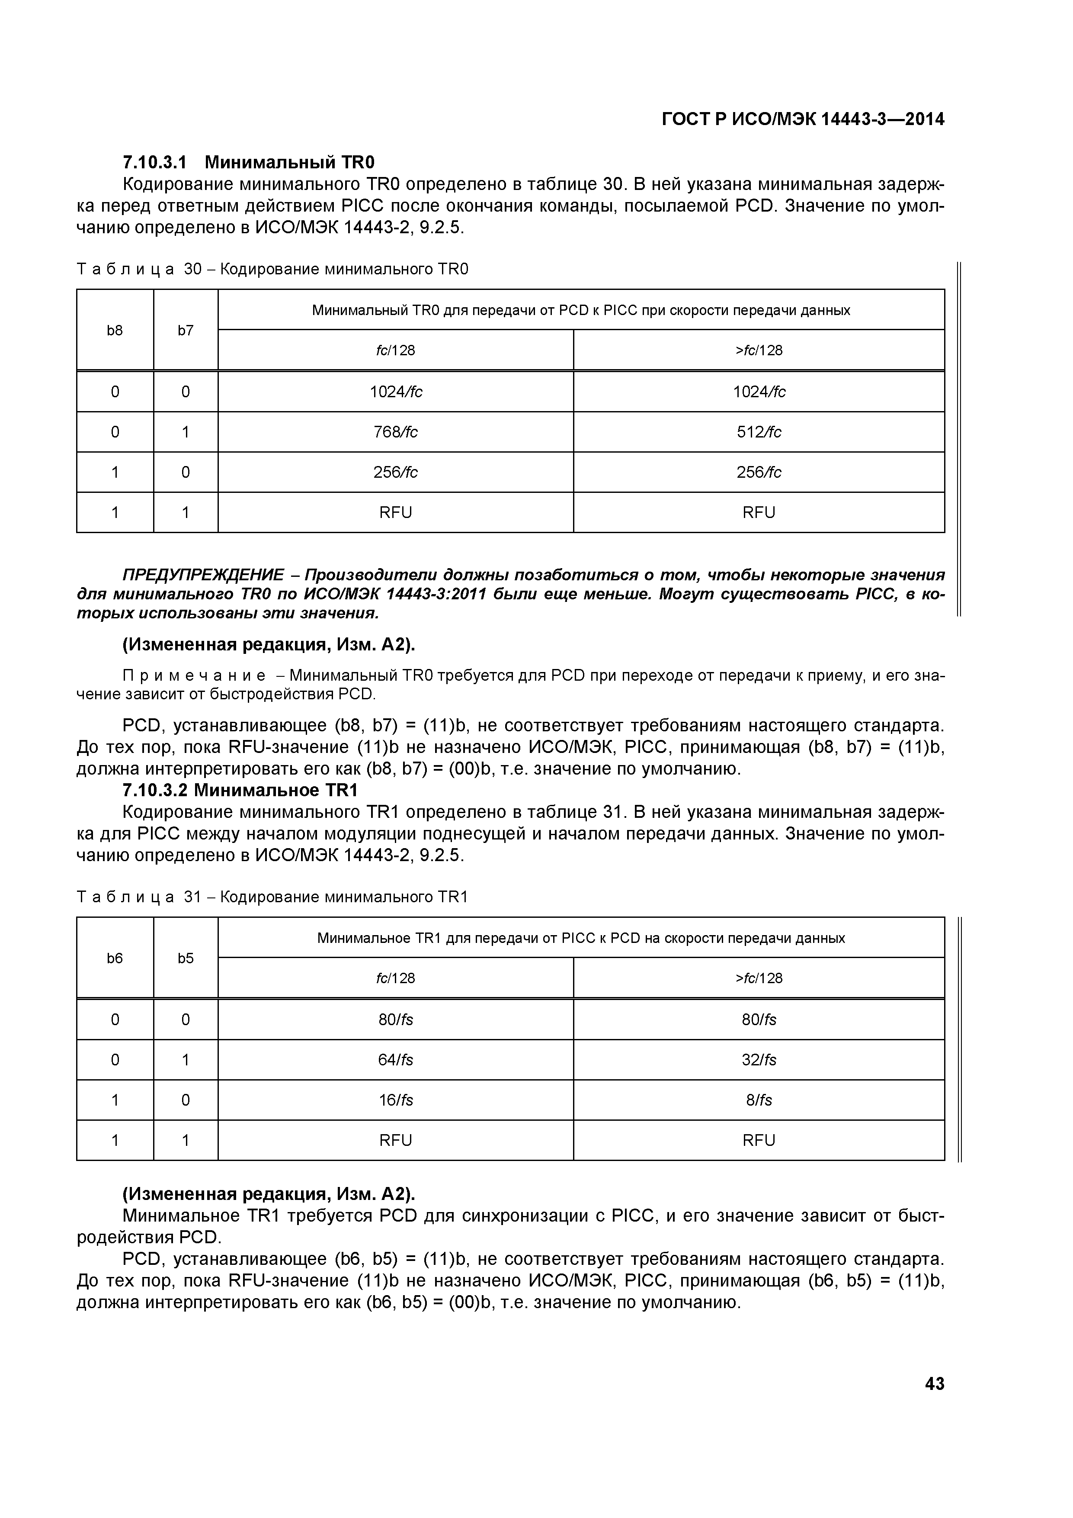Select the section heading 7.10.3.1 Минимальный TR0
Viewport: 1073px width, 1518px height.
click(x=248, y=162)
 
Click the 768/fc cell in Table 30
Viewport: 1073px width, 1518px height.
click(x=395, y=432)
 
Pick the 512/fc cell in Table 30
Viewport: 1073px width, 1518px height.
click(x=759, y=432)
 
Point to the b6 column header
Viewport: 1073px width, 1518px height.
click(x=115, y=958)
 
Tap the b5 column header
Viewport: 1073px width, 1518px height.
click(x=186, y=958)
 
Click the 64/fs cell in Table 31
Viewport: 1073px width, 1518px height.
click(x=395, y=1060)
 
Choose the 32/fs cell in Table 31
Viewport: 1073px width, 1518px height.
click(x=759, y=1060)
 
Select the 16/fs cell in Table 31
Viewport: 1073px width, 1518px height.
click(x=395, y=1100)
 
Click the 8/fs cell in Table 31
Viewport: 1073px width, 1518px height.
click(x=759, y=1100)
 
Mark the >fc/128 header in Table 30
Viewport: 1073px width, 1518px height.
click(x=759, y=351)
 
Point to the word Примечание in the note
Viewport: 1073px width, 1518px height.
click(x=194, y=675)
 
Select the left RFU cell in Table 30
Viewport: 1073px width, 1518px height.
click(x=395, y=512)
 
